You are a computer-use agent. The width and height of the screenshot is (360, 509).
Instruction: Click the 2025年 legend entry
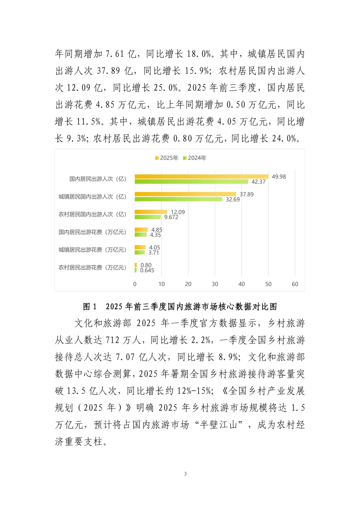coord(167,158)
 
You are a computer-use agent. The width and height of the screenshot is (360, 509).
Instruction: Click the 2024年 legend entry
coord(195,158)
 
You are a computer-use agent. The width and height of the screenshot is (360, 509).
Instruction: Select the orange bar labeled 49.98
coord(201,177)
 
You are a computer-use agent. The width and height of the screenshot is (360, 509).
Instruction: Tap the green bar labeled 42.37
coord(191,182)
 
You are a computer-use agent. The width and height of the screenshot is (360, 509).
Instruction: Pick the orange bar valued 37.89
coord(185,194)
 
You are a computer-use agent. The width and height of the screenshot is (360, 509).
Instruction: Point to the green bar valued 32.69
coord(178,199)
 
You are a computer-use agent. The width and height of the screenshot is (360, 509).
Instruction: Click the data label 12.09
coord(178,212)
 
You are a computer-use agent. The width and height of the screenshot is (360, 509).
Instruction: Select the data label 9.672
coord(171,217)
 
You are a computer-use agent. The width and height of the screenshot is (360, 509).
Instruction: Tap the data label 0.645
coord(147,270)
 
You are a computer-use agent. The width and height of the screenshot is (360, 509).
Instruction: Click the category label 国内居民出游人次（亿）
coord(98,179)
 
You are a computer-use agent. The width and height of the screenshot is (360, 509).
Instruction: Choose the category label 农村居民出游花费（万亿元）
coord(92,268)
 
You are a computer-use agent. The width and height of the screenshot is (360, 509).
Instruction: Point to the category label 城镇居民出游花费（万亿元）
coord(92,250)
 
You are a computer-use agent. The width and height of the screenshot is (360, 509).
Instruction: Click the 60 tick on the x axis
coord(295,284)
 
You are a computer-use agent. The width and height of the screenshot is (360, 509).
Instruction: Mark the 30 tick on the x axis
coord(215,284)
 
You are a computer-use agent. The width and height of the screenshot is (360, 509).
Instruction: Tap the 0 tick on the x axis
coord(135,284)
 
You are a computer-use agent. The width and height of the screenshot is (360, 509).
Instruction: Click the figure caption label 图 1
coord(90,307)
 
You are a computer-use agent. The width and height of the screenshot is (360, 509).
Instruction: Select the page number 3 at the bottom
coord(185,474)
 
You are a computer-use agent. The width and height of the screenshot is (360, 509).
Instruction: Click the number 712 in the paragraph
coord(112,340)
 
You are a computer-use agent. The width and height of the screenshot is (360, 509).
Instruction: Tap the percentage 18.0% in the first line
coord(199,54)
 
